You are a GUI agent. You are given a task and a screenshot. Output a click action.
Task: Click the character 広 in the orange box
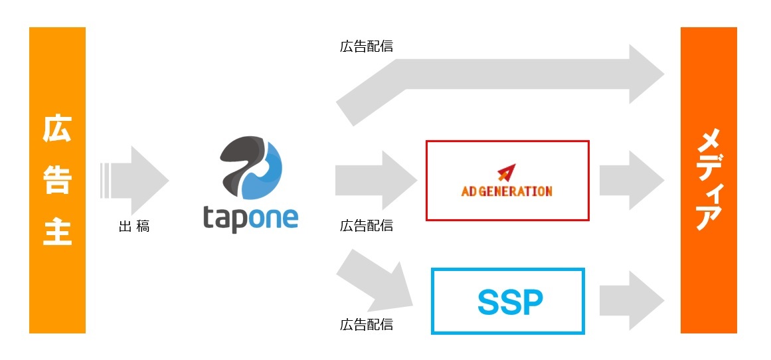pyautogui.click(x=57, y=130)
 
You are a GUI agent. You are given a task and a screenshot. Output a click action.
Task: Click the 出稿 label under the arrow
pyautogui.click(x=134, y=226)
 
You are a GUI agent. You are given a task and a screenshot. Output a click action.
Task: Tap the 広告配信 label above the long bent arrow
pyautogui.click(x=366, y=46)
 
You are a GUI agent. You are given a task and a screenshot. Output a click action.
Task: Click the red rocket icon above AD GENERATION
pyautogui.click(x=506, y=172)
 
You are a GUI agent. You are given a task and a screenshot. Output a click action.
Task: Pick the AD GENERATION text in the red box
pyautogui.click(x=507, y=191)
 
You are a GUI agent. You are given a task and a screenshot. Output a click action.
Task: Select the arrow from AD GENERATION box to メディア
pyautogui.click(x=631, y=180)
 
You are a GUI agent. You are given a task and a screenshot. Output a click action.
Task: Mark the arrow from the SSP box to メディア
pyautogui.click(x=631, y=300)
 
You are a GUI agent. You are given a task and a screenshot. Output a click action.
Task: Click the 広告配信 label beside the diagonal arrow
pyautogui.click(x=366, y=325)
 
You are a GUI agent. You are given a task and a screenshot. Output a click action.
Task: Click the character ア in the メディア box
pyautogui.click(x=709, y=215)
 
